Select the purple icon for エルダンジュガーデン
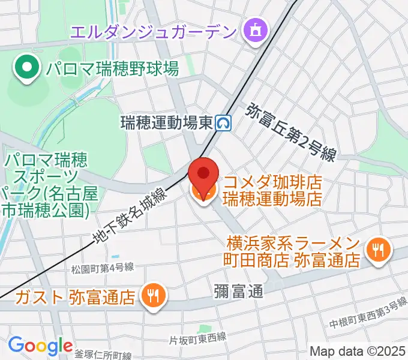coord(255,30)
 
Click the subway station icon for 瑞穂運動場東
coord(225,124)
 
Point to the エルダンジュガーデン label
coord(152,30)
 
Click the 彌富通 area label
coord(238,292)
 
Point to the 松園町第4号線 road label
coord(101,267)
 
